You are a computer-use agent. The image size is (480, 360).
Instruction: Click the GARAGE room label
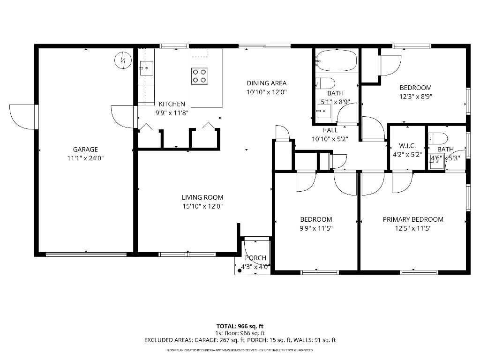tap(85, 150)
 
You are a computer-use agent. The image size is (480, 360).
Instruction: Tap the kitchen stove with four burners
tap(199, 76)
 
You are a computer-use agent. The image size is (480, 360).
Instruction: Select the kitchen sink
tap(146, 68)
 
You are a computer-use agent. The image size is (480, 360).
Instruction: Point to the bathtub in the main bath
tap(336, 61)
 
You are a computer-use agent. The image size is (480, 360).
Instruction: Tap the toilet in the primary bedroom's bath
tap(438, 138)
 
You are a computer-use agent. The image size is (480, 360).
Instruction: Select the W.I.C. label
tap(407, 146)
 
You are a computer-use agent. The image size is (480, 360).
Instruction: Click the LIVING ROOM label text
tap(202, 197)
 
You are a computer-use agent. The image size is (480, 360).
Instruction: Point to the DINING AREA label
tap(266, 83)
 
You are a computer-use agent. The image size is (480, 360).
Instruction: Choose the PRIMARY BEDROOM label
tap(413, 219)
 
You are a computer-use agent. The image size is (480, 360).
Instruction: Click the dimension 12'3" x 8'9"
tap(415, 97)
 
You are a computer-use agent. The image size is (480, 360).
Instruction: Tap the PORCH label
tap(255, 258)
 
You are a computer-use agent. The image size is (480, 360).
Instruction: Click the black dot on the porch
tap(240, 270)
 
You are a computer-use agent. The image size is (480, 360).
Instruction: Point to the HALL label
tap(330, 130)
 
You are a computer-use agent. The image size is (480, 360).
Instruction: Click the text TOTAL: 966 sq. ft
tap(243, 326)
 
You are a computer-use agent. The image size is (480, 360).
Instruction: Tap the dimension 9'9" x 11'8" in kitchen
tap(172, 112)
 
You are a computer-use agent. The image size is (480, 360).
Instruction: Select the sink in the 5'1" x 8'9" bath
tap(324, 112)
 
